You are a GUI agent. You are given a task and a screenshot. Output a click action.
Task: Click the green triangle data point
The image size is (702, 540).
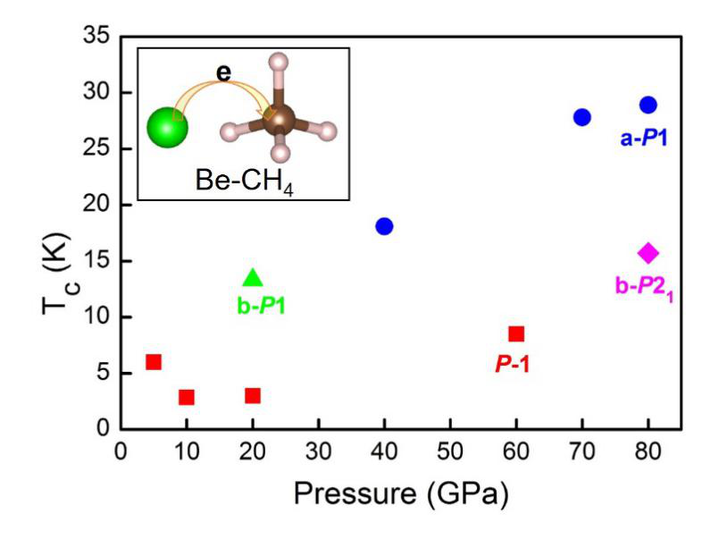click(253, 278)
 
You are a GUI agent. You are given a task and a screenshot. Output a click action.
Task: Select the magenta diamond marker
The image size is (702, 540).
click(648, 253)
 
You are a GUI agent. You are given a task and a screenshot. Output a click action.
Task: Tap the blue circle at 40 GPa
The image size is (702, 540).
click(384, 225)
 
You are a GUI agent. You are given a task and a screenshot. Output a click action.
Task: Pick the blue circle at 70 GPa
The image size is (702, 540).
click(582, 117)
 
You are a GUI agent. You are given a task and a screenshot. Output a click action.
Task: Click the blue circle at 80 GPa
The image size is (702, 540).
click(648, 105)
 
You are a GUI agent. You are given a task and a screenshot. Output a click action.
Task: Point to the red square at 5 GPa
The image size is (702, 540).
click(154, 361)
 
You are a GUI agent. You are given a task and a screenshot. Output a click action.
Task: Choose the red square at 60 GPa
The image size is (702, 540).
click(516, 333)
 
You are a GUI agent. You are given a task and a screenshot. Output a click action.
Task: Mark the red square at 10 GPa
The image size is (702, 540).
click(187, 397)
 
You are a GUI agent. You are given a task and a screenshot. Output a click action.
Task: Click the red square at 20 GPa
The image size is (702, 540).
click(253, 395)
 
